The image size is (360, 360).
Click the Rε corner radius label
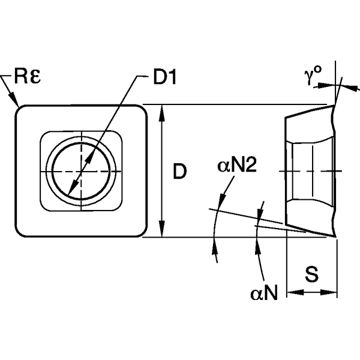(x=28, y=77)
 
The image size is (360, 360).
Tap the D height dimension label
(x=179, y=172)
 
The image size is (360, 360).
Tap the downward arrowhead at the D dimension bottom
(x=162, y=232)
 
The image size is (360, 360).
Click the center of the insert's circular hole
(x=80, y=172)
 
